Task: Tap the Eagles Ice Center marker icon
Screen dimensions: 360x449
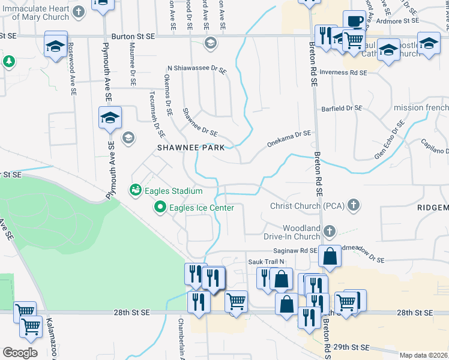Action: [x=160, y=208]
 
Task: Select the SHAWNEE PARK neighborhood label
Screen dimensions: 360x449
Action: [x=191, y=147]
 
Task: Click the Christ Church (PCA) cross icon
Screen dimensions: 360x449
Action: [x=354, y=205]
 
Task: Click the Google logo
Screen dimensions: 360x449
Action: [x=20, y=353]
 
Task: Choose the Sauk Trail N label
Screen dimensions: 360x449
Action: [x=266, y=262]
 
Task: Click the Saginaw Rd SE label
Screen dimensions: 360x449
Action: [x=297, y=251]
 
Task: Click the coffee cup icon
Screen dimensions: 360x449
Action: [x=354, y=20]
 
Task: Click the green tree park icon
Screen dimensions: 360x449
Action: [x=8, y=61]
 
